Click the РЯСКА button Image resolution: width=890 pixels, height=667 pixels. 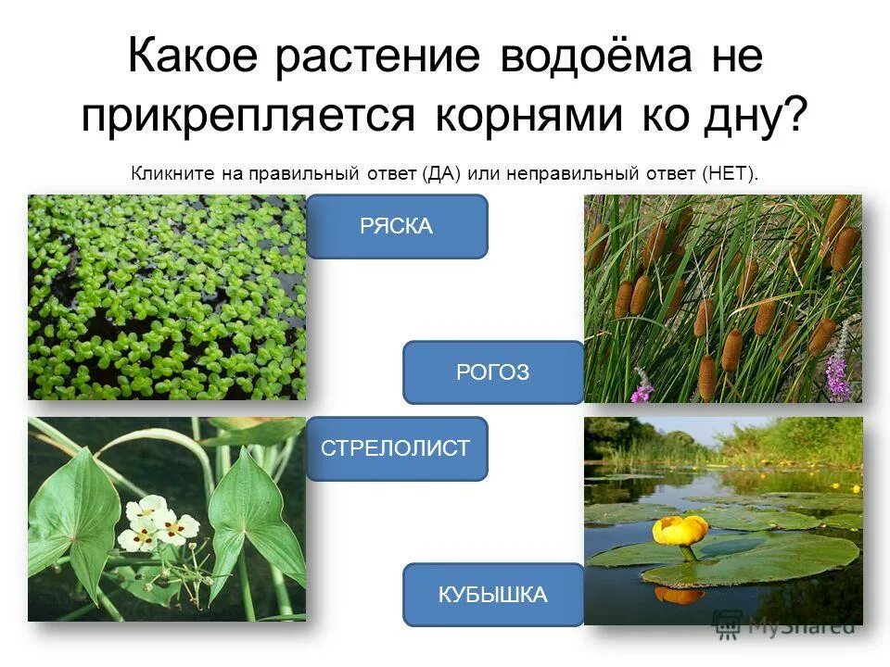[397, 226]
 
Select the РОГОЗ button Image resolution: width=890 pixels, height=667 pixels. [493, 372]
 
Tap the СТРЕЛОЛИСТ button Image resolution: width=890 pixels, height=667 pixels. [397, 448]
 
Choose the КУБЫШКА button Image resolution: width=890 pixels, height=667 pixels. [493, 595]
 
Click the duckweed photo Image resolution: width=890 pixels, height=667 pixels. [167, 296]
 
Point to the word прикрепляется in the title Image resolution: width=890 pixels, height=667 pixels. [247, 119]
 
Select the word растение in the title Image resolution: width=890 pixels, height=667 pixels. [377, 58]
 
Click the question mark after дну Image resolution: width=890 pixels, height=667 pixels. [795, 119]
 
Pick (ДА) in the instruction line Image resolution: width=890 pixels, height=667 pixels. [440, 173]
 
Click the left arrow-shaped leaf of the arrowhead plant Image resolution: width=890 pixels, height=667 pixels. [74, 519]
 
